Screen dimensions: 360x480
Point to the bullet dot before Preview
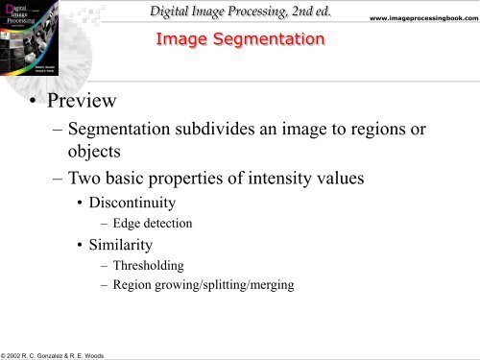click(36, 101)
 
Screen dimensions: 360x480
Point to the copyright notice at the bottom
click(67, 354)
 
